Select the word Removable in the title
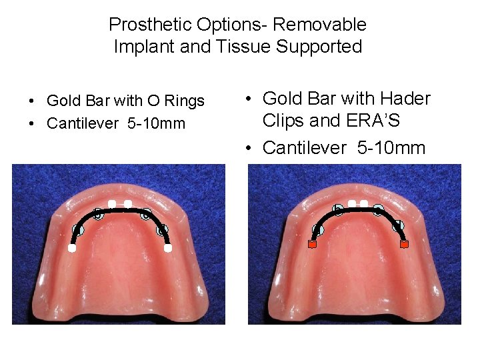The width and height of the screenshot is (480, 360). coord(320,25)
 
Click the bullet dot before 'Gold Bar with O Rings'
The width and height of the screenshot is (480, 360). coord(31,102)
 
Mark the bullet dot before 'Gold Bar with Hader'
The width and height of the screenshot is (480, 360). coord(248,100)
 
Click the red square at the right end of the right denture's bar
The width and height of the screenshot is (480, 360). coord(404,245)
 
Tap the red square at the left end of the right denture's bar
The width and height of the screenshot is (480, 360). coord(311,245)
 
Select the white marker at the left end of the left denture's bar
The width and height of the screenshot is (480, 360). coord(71,248)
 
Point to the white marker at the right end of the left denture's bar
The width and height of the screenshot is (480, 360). coord(169,248)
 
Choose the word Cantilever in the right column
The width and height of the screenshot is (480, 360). coord(305,148)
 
